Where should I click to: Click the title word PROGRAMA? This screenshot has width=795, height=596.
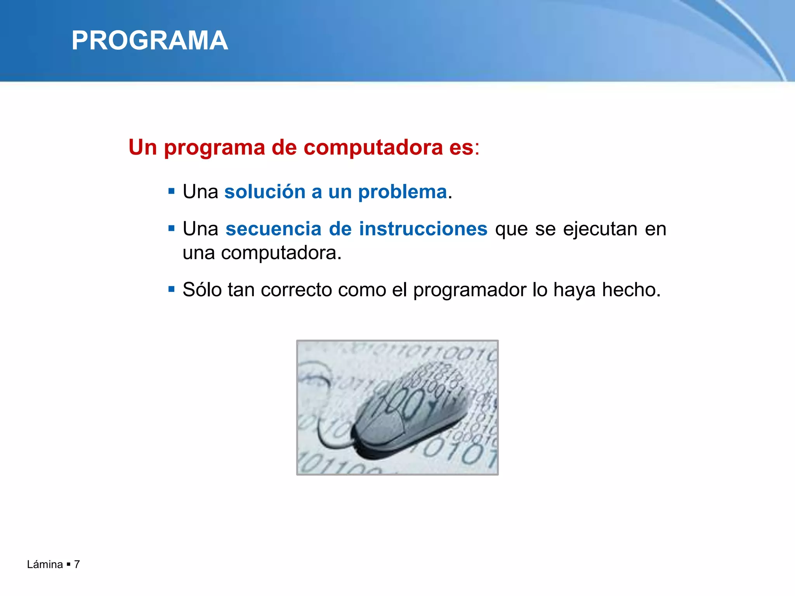click(x=149, y=41)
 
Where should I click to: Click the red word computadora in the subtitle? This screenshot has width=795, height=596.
click(x=373, y=148)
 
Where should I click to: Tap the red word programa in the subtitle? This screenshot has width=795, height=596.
click(x=214, y=148)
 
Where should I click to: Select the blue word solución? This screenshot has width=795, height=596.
click(x=265, y=192)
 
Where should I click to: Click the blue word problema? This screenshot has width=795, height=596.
click(x=402, y=192)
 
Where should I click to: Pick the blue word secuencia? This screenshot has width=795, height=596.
click(x=273, y=229)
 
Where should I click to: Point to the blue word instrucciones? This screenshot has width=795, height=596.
click(x=423, y=229)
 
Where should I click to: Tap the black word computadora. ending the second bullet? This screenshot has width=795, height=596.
click(x=281, y=253)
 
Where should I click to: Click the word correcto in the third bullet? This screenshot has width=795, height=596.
click(x=296, y=289)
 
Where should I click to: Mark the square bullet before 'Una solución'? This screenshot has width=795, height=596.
click(x=172, y=191)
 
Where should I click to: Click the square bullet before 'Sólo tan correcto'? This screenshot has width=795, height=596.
click(x=172, y=289)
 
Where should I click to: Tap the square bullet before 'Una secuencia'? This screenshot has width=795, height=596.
click(x=172, y=228)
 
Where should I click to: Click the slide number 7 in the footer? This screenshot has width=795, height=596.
click(x=77, y=564)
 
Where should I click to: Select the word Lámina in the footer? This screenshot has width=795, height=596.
click(x=45, y=564)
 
